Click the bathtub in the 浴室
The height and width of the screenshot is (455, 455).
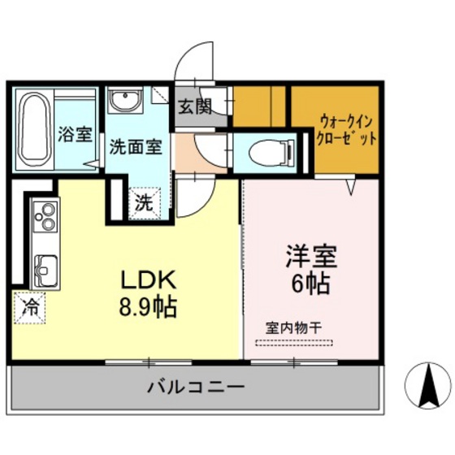34,128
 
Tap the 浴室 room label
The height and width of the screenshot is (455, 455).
76,135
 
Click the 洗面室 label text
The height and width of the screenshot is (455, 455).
135,148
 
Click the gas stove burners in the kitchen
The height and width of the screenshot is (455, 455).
44,218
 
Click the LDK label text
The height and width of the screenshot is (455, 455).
149,279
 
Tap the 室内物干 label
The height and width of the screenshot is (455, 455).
294,327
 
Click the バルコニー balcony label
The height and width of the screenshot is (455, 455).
195,386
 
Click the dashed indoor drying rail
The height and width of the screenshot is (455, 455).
288,342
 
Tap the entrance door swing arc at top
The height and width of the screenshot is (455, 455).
195,60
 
